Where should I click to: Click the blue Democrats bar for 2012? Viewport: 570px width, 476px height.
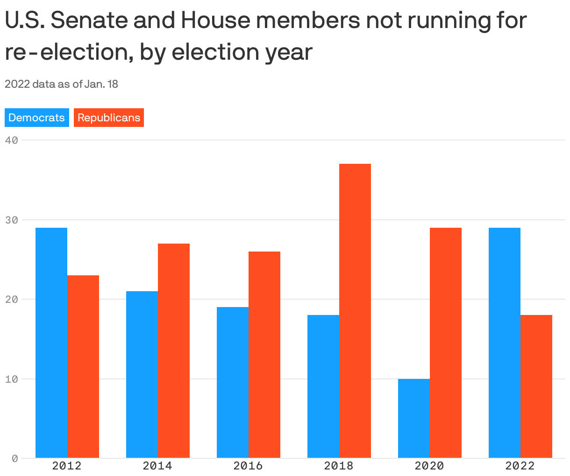coord(51,343)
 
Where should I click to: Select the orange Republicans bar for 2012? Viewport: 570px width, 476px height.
coord(83,367)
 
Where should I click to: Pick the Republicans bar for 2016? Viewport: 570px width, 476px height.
coord(264,355)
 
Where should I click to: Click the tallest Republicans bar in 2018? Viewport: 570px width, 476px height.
coord(355,311)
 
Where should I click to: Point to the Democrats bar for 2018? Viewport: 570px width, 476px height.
coord(323,386)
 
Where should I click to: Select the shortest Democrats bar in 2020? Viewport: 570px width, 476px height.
coord(414,418)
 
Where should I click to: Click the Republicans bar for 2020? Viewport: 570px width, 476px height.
coord(446,343)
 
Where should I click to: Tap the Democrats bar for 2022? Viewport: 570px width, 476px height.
coord(505,343)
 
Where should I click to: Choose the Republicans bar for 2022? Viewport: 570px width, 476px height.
coord(536,386)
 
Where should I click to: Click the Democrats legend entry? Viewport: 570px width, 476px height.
coord(37,118)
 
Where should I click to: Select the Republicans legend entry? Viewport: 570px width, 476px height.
coord(109,118)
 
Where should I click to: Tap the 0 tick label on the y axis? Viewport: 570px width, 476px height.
coord(14,459)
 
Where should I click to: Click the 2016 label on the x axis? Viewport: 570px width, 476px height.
coord(248,466)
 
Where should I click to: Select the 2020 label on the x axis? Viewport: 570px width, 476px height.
coord(429,466)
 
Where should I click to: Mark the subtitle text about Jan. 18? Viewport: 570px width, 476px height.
coord(61,84)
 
